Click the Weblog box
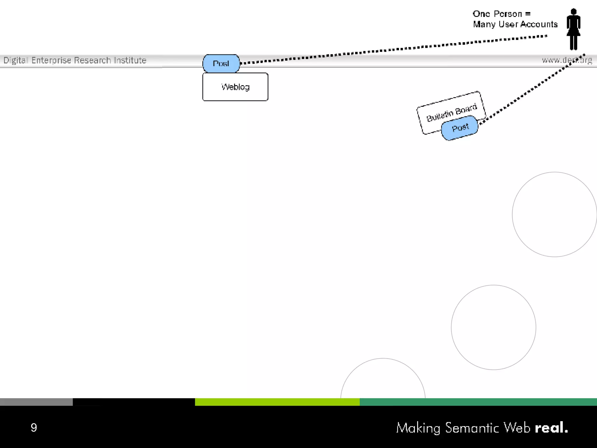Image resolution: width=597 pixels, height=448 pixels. coord(235,87)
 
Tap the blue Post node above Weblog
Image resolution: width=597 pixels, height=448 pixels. coord(221,63)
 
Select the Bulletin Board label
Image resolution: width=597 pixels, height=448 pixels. coord(452,113)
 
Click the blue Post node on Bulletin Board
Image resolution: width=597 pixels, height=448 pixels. coord(460,128)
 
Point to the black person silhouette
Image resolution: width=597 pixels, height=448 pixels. coord(573,30)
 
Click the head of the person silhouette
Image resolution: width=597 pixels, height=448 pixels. coord(573,12)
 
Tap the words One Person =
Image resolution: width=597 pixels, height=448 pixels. coord(501,14)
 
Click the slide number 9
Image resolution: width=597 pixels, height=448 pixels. coord(34,428)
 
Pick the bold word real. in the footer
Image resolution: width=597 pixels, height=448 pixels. coord(551,428)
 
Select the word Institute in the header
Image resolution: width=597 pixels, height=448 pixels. coord(130,60)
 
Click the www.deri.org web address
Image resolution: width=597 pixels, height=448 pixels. coord(567,60)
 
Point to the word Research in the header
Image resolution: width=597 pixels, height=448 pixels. coord(92,60)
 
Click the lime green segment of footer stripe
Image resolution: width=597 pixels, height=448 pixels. coord(277,402)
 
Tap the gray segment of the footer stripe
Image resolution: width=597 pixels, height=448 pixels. coord(36,402)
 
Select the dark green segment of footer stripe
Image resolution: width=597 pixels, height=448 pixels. coord(478,402)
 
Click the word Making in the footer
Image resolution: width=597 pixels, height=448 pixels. coord(418,428)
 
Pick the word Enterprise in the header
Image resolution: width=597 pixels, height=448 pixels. coord(51,60)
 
